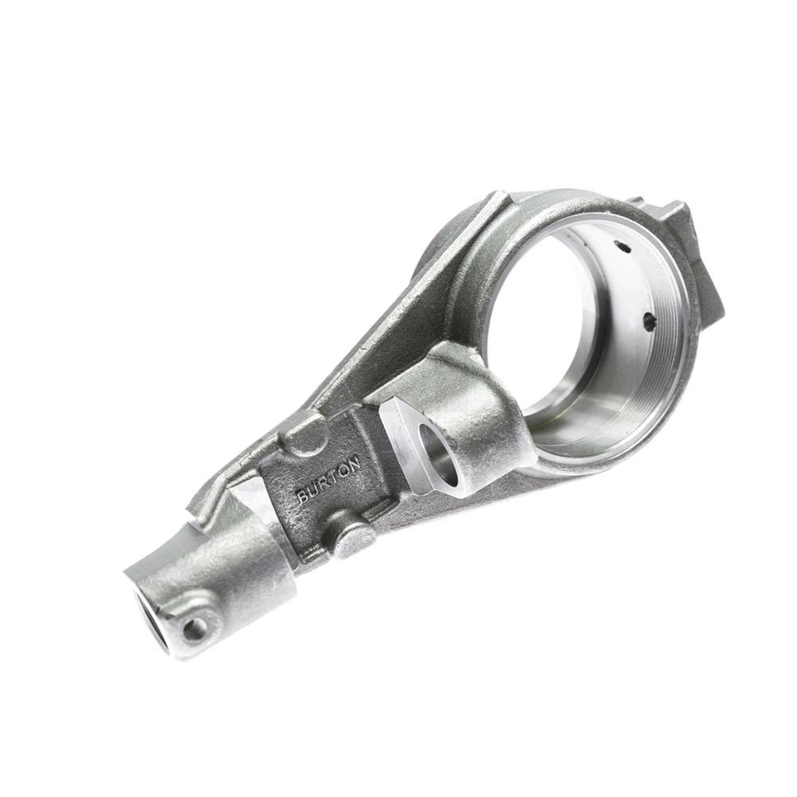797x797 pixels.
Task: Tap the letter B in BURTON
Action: pyautogui.click(x=302, y=497)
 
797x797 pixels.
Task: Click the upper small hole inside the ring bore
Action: pyautogui.click(x=624, y=249)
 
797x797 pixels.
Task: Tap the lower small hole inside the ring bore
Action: pyautogui.click(x=649, y=320)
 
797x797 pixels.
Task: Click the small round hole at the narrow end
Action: pyautogui.click(x=194, y=630)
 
